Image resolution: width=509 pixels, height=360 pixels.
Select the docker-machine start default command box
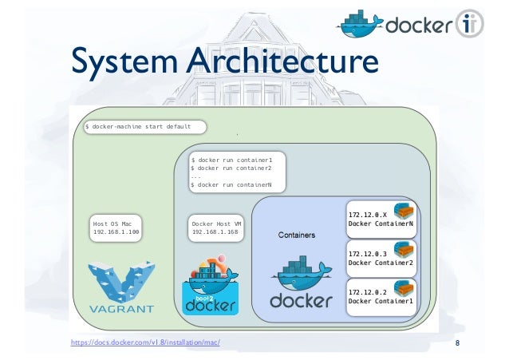point(144,126)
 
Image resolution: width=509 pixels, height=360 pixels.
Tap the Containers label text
point(297,236)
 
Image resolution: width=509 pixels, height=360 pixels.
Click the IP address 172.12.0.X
point(367,215)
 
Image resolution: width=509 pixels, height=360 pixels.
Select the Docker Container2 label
point(381,263)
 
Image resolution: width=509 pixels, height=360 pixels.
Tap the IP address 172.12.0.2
point(367,292)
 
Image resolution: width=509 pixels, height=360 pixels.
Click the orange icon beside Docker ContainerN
point(406,212)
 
